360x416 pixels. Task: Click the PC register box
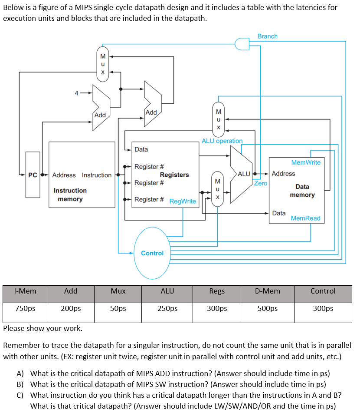click(33, 175)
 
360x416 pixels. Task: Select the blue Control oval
click(152, 253)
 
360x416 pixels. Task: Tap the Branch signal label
click(267, 36)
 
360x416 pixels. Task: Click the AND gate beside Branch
click(242, 43)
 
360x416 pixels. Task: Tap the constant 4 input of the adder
click(76, 92)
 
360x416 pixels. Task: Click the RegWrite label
click(183, 201)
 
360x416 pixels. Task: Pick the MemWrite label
click(306, 162)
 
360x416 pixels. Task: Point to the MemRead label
click(305, 218)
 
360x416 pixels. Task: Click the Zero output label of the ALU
click(261, 183)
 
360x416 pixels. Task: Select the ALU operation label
click(222, 141)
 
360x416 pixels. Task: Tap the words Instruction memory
click(70, 195)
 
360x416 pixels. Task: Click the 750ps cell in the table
click(25, 308)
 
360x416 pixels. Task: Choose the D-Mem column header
click(268, 291)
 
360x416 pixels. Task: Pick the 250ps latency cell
click(167, 308)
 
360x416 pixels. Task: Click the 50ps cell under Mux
click(118, 308)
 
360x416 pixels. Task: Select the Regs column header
click(217, 291)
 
